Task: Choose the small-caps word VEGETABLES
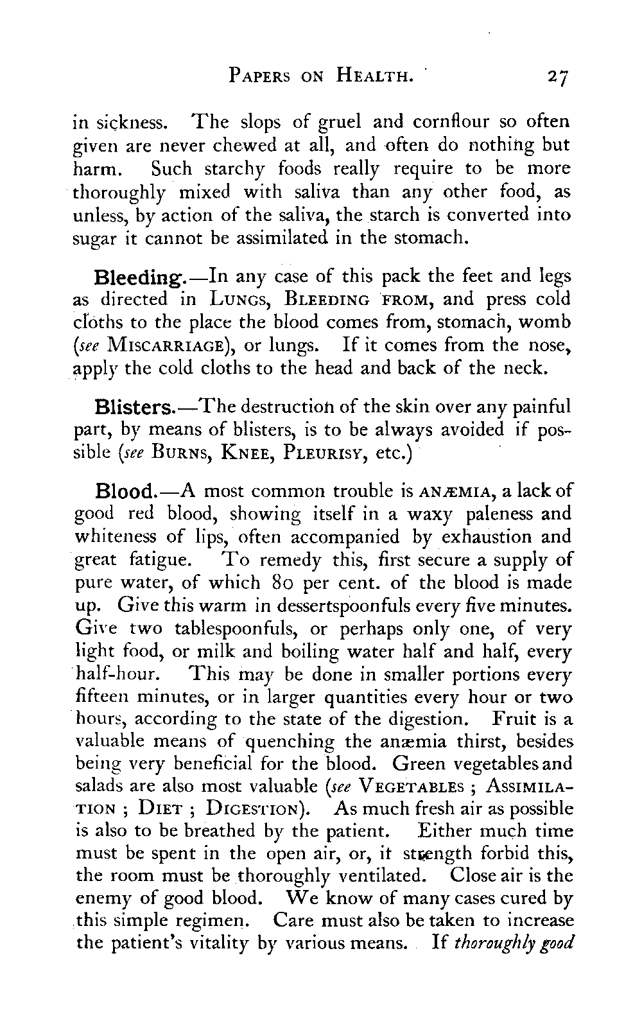410,786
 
